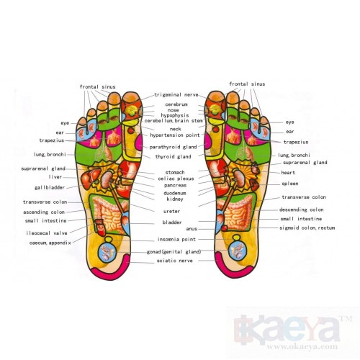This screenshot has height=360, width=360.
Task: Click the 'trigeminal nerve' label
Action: pyautogui.click(x=176, y=95)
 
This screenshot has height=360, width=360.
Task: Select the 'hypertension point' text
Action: pyautogui.click(x=175, y=135)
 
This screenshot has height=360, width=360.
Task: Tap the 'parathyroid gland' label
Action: pyautogui.click(x=173, y=147)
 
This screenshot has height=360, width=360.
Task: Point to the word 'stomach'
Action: pyautogui.click(x=175, y=172)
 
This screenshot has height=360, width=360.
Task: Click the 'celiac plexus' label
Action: pyautogui.click(x=176, y=179)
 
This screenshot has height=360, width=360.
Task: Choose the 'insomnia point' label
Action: pyautogui.click(x=176, y=239)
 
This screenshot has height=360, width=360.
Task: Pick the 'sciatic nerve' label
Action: pyautogui.click(x=175, y=261)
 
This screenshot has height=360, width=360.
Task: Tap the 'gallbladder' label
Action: pyautogui.click(x=50, y=187)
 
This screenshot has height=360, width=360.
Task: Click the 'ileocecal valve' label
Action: pyautogui.click(x=47, y=233)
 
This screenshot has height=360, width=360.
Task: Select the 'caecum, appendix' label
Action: pyautogui.click(x=50, y=243)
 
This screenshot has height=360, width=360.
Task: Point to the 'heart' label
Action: pyautogui.click(x=288, y=173)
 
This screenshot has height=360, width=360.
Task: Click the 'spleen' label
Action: pyautogui.click(x=290, y=184)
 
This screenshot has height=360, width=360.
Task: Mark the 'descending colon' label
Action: pyautogui.click(x=302, y=210)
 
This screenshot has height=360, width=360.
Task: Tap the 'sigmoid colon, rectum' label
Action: pyautogui.click(x=307, y=228)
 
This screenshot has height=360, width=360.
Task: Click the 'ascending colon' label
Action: pyautogui.click(x=44, y=212)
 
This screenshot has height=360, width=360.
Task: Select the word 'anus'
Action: pyautogui.click(x=192, y=229)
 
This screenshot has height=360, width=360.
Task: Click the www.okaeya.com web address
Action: pyautogui.click(x=302, y=346)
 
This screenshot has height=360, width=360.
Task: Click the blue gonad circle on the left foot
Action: pyautogui.click(x=107, y=252)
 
